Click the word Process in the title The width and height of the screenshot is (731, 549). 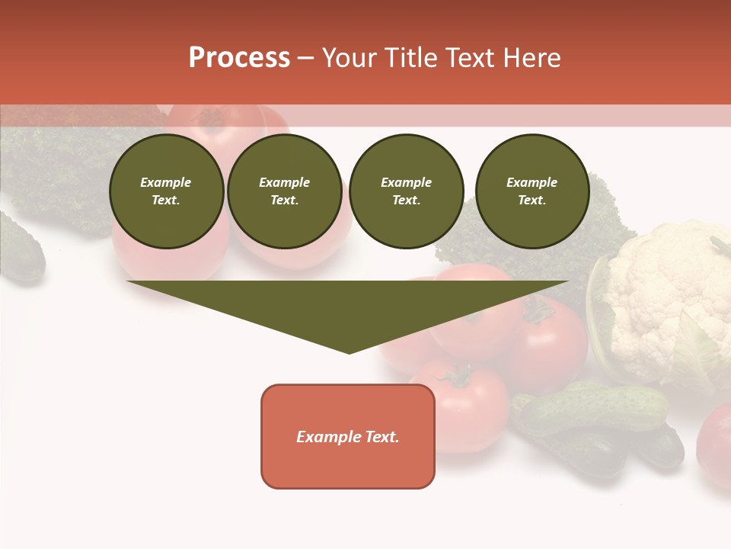pos(239,58)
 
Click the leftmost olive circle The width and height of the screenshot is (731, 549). pos(167,191)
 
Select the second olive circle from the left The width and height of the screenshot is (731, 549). pos(285,191)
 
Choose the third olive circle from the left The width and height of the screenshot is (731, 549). pos(407,191)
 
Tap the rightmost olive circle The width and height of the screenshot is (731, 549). pos(532,191)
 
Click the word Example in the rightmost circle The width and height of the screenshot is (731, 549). pos(532,182)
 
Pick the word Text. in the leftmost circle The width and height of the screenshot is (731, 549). pos(166,201)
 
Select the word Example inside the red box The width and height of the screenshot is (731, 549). pos(326,437)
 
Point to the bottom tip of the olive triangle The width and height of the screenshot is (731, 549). pos(349,352)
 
